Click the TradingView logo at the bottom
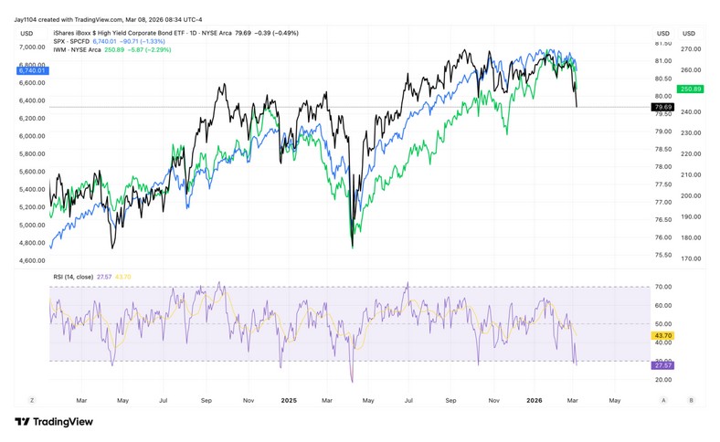[53, 422]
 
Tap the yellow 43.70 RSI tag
[662, 336]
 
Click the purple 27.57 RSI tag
[662, 364]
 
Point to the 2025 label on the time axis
[289, 400]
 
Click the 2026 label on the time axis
[535, 400]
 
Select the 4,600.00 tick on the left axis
[33, 260]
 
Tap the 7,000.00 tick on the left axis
[33, 47]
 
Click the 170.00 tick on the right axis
[691, 259]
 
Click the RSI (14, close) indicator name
[74, 277]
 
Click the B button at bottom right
[692, 400]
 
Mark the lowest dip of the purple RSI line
[352, 381]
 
